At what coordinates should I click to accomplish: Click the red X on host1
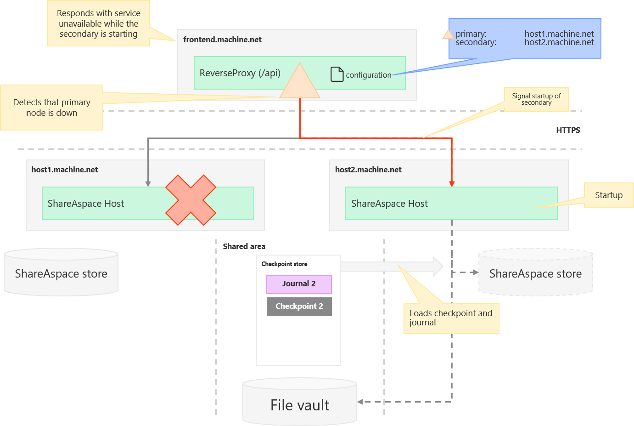tap(191, 200)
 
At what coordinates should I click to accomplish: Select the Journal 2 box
tap(299, 284)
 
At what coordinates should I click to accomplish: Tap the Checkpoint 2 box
tap(299, 307)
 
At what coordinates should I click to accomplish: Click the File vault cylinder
tap(300, 403)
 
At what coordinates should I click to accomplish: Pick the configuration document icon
tap(337, 74)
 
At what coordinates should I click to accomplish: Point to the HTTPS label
tap(568, 130)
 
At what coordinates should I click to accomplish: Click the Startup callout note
tap(608, 195)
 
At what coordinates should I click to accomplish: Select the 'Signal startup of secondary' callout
tap(536, 99)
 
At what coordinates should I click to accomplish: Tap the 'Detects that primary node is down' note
tap(51, 108)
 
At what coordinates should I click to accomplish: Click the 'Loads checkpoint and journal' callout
tap(451, 318)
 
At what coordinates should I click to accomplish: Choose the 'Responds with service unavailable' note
tap(98, 23)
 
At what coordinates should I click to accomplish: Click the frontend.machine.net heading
tap(222, 40)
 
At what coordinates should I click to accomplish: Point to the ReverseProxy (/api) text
tap(240, 73)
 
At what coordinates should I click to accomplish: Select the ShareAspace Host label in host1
tap(86, 204)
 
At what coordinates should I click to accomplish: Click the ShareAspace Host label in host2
tap(389, 204)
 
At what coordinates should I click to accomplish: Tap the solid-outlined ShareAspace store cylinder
tap(61, 273)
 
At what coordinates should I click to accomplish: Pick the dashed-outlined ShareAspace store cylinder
tap(535, 273)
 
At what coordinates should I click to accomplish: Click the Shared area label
tap(244, 246)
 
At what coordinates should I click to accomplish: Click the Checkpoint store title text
tap(284, 264)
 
